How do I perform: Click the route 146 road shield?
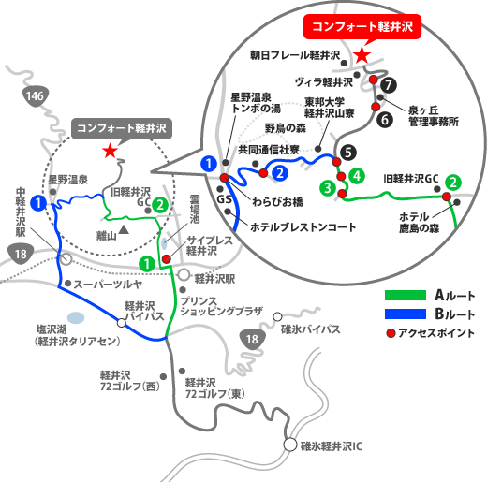tap(36, 96)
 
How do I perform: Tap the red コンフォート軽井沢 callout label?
tap(362, 26)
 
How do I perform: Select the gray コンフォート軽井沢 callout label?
tap(122, 128)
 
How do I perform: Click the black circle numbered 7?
tap(389, 85)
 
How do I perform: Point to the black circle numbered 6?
tap(385, 120)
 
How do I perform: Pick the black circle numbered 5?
tap(348, 153)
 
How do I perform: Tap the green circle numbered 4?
tap(357, 176)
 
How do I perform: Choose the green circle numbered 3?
tap(328, 188)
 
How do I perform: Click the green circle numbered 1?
tap(147, 264)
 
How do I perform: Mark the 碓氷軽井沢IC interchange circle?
tap(290, 445)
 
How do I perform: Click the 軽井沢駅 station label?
tap(214, 279)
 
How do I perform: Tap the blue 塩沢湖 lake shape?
tap(76, 317)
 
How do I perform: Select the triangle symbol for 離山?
tap(125, 230)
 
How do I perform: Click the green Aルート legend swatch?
tap(406, 295)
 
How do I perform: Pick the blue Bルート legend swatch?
tap(406, 314)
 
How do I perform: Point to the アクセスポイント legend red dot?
tap(391, 333)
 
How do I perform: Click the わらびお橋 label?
tap(277, 202)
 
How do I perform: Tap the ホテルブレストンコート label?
tap(303, 227)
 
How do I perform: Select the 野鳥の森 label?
tap(286, 128)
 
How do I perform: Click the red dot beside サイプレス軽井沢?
tap(167, 258)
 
